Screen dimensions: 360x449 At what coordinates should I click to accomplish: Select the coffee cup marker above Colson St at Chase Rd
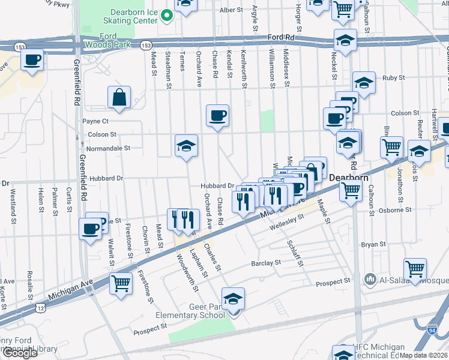pos(217,115)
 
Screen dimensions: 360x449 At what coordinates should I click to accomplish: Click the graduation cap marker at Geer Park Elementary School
pos(234,299)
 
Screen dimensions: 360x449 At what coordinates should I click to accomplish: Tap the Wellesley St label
pos(283,227)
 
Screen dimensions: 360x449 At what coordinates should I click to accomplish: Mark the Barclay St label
pos(266,263)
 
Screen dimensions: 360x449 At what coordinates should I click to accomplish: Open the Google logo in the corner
pos(20,353)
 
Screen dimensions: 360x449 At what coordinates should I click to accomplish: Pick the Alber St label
pos(231,10)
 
